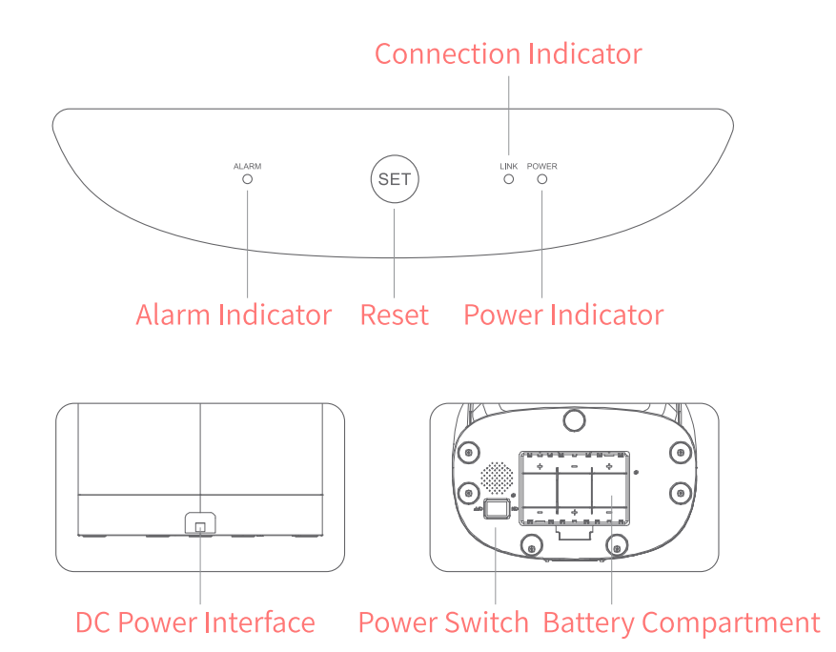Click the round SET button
395,179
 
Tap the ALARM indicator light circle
247,179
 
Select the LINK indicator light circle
509,179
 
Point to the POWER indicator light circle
541,179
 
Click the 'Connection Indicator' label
508,53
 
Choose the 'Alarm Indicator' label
234,315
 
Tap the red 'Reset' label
395,315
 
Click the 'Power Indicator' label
563,315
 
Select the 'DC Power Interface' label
195,623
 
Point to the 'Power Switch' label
442,623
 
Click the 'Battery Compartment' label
682,623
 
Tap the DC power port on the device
200,523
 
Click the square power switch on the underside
496,510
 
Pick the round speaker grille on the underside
496,475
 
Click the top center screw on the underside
573,418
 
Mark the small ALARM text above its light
247,166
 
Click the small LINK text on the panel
508,166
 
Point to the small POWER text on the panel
541,166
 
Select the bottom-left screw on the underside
530,545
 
